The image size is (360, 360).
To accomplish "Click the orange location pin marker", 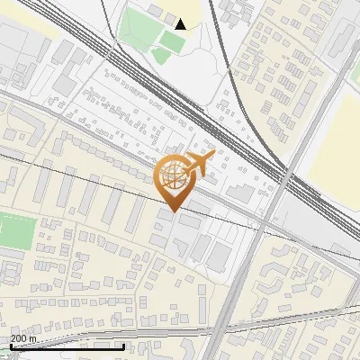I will point(172,181).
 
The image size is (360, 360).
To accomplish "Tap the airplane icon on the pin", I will point(199,163).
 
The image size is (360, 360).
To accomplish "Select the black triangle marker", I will point(181,24).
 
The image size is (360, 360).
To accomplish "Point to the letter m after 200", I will point(33,338).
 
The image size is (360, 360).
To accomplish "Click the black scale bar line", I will point(67,346).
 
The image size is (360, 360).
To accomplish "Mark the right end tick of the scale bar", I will point(124,345).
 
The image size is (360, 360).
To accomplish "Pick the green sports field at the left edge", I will point(15,232).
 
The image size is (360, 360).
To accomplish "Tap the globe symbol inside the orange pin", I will point(171,176).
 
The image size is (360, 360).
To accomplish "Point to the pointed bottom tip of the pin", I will point(172,211).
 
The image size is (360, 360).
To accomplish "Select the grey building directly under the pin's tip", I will point(167,219).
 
